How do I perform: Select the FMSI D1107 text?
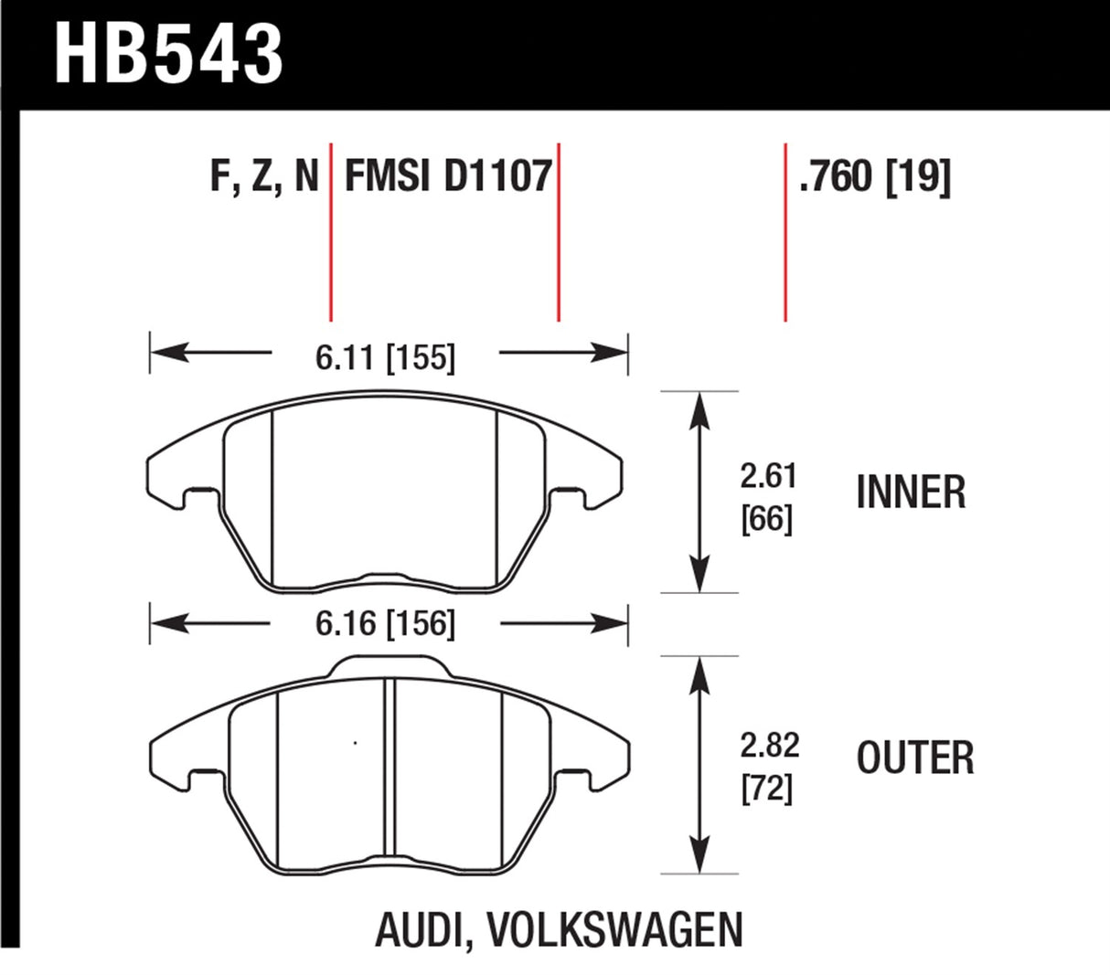(448, 175)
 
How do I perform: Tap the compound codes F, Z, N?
(264, 176)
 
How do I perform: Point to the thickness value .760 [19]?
(874, 176)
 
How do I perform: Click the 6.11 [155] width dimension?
(385, 357)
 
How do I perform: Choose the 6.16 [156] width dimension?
(385, 624)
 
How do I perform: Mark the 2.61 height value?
(768, 476)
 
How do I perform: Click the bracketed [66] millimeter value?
(767, 519)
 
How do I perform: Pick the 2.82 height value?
(768, 745)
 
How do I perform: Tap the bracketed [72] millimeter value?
(767, 787)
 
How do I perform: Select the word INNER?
(911, 493)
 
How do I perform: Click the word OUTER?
(915, 758)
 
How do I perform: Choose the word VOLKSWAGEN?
(614, 930)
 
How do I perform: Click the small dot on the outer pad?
(355, 742)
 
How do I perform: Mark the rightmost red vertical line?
(785, 232)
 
